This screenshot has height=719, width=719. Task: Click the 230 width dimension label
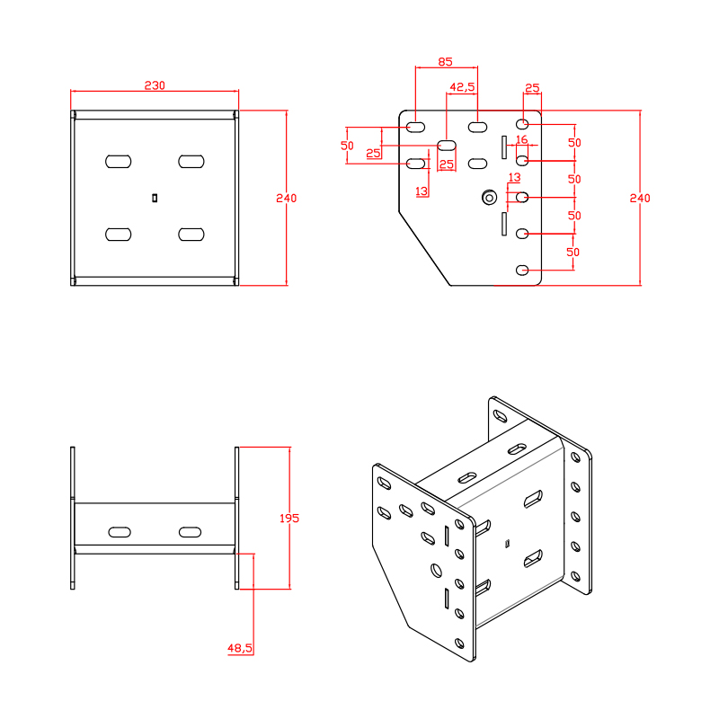click(x=155, y=85)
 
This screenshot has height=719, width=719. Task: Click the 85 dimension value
click(x=445, y=62)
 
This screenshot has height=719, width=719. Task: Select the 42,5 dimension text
click(x=462, y=87)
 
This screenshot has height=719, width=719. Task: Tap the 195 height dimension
click(x=289, y=518)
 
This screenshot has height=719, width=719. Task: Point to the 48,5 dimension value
click(x=239, y=647)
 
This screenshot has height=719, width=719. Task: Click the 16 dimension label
click(x=521, y=139)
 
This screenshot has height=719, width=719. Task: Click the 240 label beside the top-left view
click(x=286, y=198)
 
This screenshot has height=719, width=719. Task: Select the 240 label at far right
click(x=639, y=198)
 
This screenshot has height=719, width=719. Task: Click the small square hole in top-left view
click(x=155, y=197)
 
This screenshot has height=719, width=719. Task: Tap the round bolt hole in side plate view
click(x=489, y=197)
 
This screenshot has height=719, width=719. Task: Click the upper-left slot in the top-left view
click(x=118, y=161)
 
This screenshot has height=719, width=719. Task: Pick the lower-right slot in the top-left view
click(x=191, y=234)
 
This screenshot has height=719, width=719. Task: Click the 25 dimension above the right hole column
click(x=531, y=87)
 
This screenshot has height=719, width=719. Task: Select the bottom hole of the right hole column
click(x=522, y=270)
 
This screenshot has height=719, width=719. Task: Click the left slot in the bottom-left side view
click(x=118, y=532)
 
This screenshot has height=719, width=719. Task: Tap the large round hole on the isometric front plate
click(x=437, y=569)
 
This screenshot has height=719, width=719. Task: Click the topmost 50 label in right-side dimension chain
click(x=573, y=143)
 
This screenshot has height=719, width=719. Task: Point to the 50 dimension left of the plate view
click(x=347, y=146)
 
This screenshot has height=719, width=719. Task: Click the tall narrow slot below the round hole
click(x=504, y=224)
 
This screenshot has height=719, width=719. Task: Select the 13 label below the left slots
click(x=422, y=191)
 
